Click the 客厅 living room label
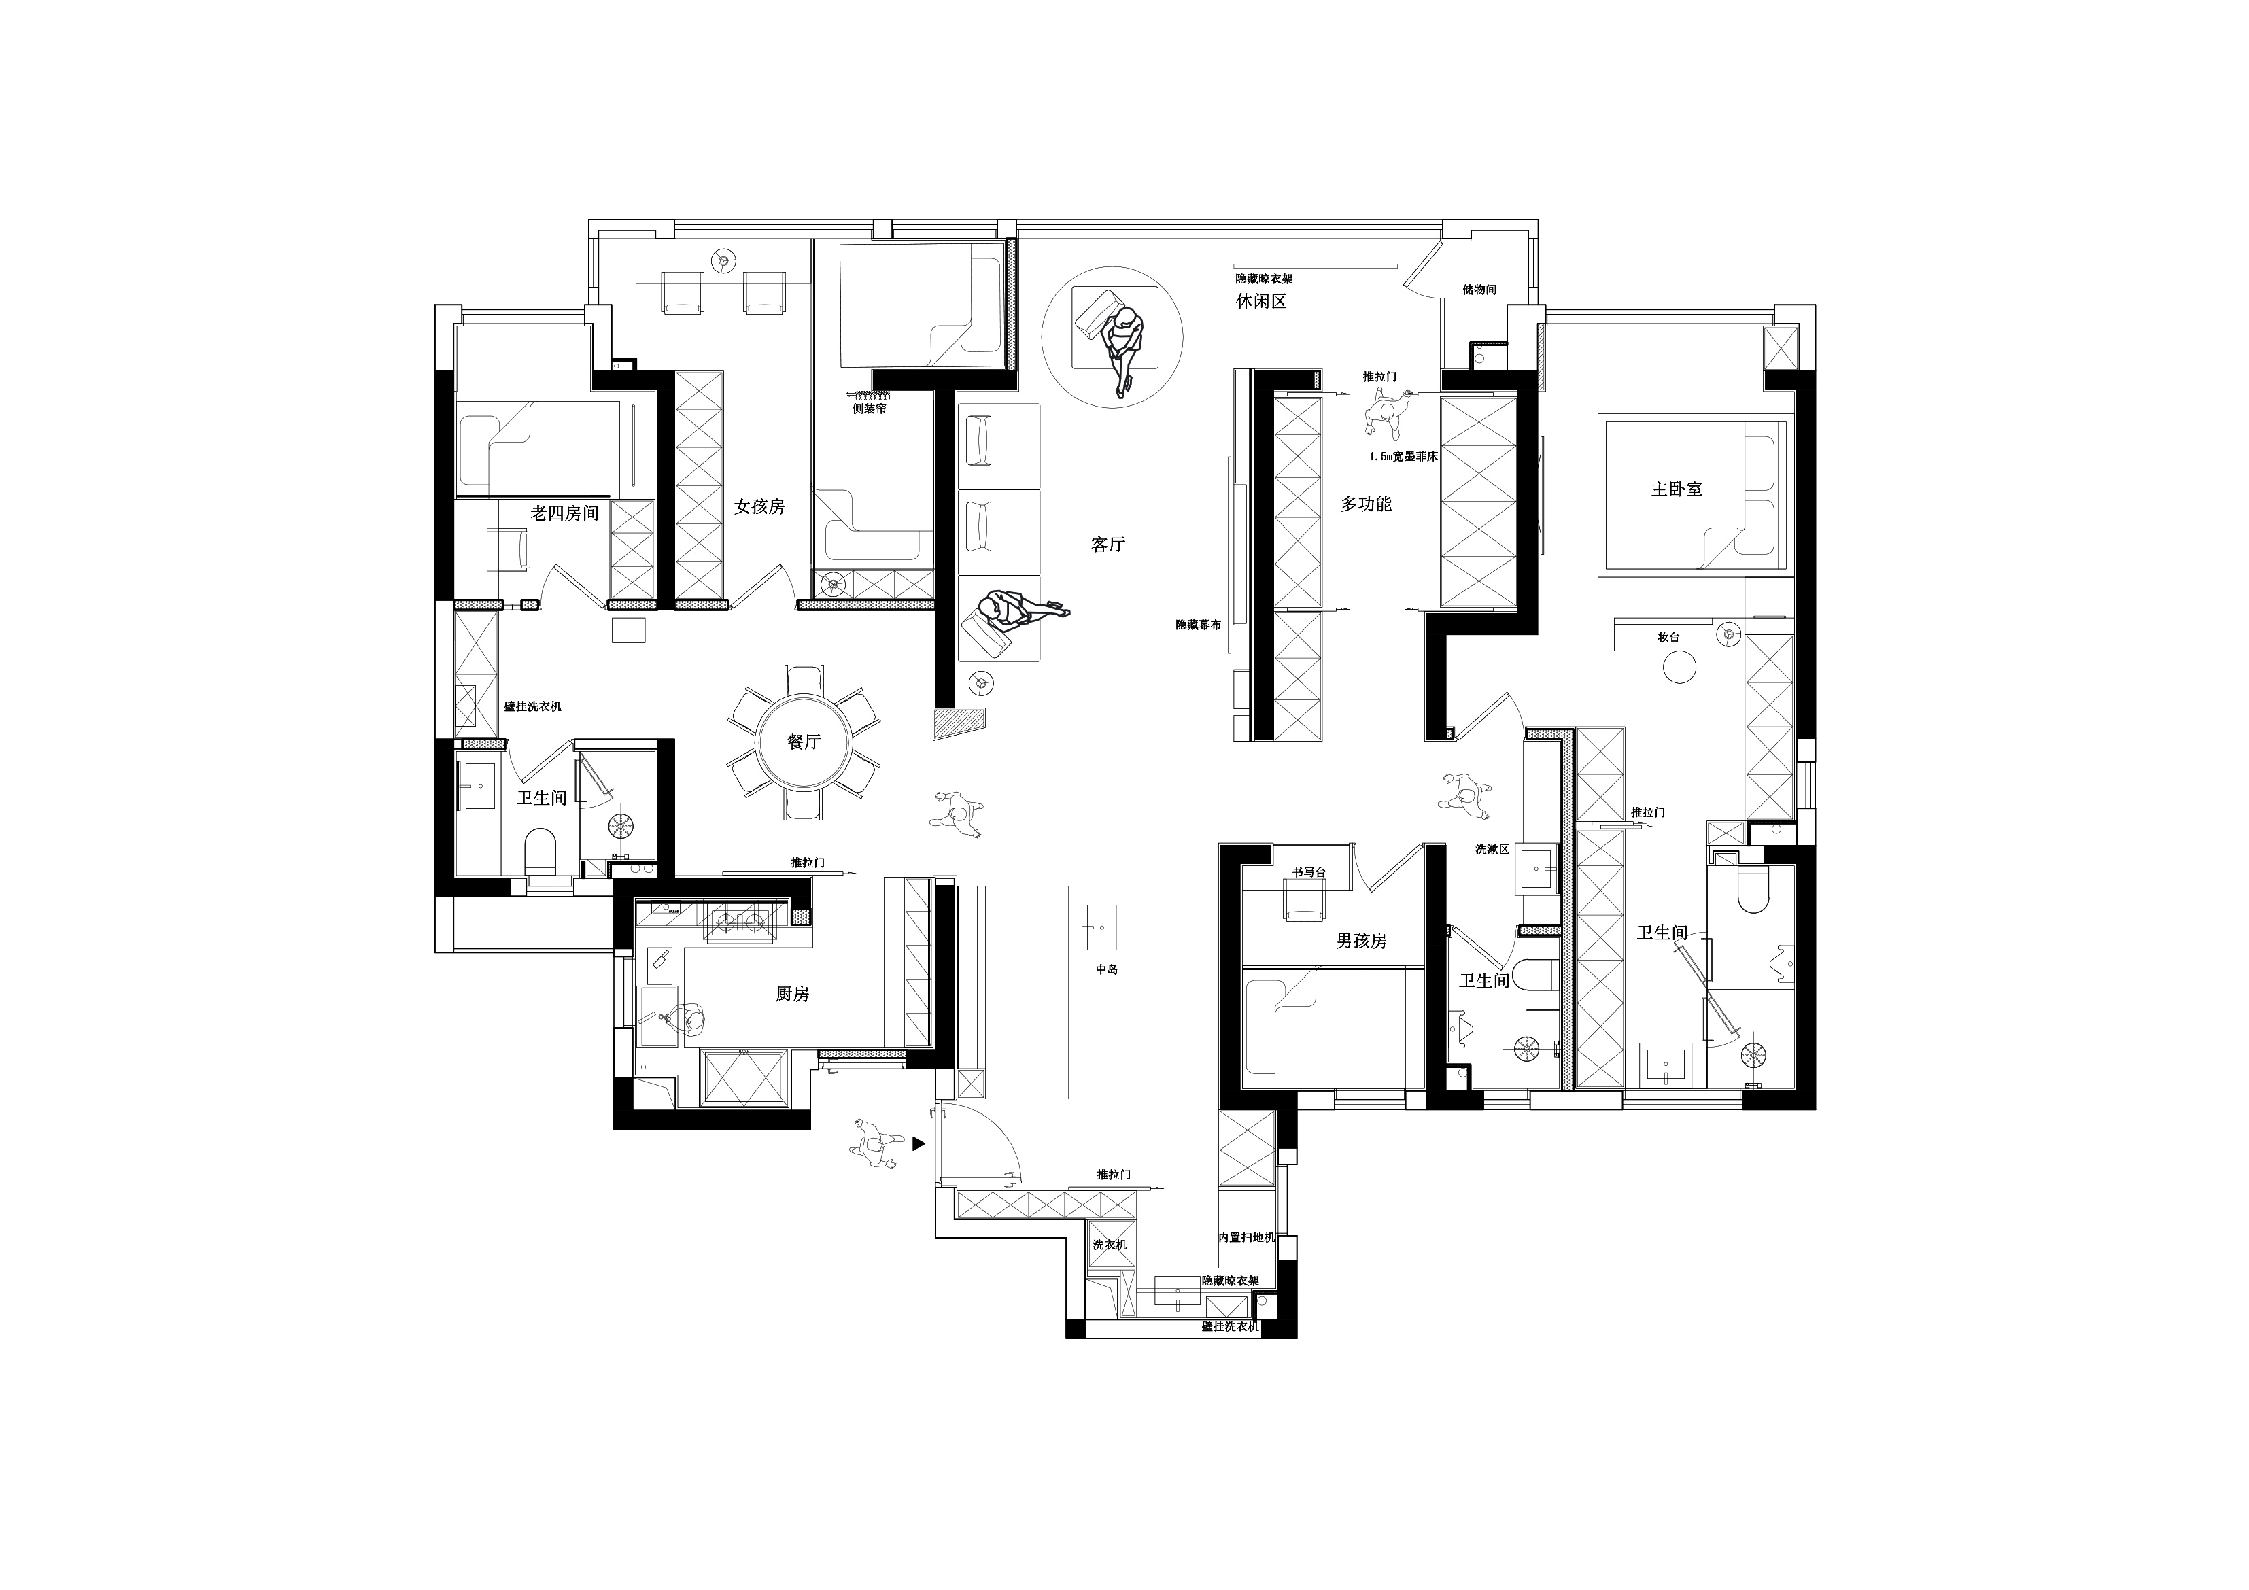1108,545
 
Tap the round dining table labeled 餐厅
803,742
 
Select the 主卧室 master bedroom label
1677,488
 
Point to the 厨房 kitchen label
793,993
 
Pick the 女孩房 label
759,506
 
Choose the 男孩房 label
1362,941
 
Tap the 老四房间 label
564,513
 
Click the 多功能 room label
1365,504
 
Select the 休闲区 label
1260,300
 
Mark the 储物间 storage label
1479,290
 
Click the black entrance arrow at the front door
919,1142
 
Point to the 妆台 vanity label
1668,637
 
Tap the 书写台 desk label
1309,871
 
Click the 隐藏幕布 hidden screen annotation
1198,624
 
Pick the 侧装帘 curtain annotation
869,409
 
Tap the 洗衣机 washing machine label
1110,1244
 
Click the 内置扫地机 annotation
1247,1237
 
